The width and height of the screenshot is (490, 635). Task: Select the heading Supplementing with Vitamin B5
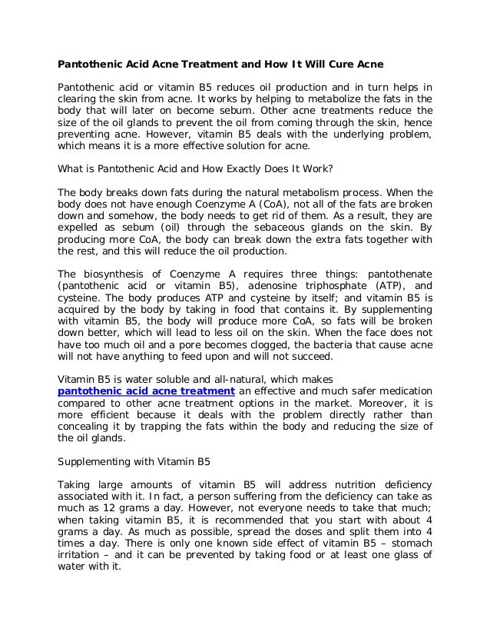click(x=135, y=463)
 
